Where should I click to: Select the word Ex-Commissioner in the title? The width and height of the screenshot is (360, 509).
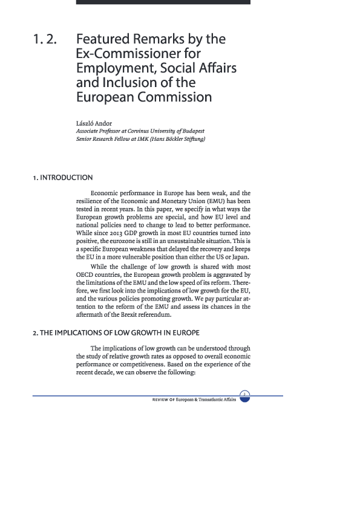click(x=126, y=54)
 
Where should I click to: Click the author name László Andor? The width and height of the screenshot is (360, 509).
click(x=94, y=124)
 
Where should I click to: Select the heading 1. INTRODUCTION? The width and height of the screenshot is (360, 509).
click(x=63, y=178)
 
